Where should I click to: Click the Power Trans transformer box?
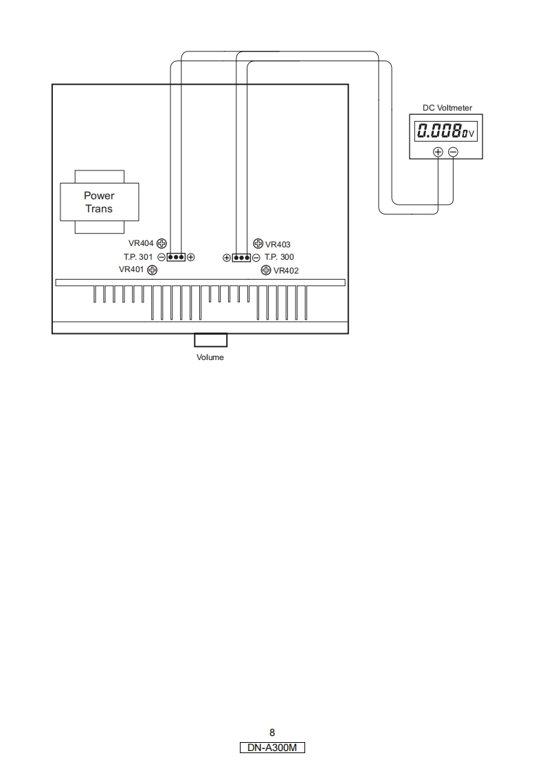click(x=99, y=201)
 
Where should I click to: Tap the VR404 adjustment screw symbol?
click(x=162, y=243)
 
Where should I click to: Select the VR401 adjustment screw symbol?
click(x=153, y=270)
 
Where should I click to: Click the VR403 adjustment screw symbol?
click(x=258, y=243)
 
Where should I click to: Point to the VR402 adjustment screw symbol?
click(x=266, y=270)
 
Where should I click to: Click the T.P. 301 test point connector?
click(x=176, y=257)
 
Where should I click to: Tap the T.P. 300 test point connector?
click(x=241, y=258)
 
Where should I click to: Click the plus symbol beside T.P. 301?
click(x=191, y=257)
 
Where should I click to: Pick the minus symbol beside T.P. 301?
click(x=161, y=257)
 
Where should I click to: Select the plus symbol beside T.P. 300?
click(x=226, y=258)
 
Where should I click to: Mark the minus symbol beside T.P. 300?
click(x=256, y=258)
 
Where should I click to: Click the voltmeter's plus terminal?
click(x=438, y=152)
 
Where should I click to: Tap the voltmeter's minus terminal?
click(x=453, y=152)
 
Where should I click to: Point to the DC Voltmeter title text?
click(x=447, y=108)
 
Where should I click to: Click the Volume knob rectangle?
click(x=210, y=340)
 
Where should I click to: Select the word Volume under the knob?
click(x=210, y=357)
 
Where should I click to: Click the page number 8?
click(x=272, y=733)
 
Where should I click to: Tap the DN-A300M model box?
click(x=272, y=748)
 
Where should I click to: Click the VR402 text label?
click(x=286, y=271)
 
